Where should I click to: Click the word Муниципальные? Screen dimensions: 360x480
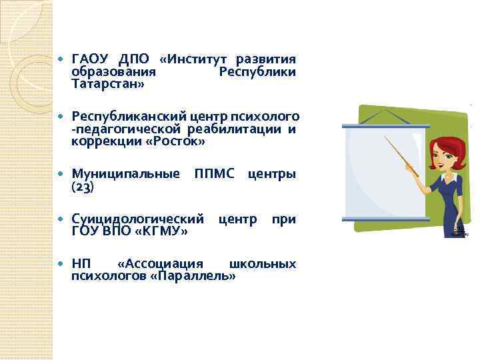tap(125, 175)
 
